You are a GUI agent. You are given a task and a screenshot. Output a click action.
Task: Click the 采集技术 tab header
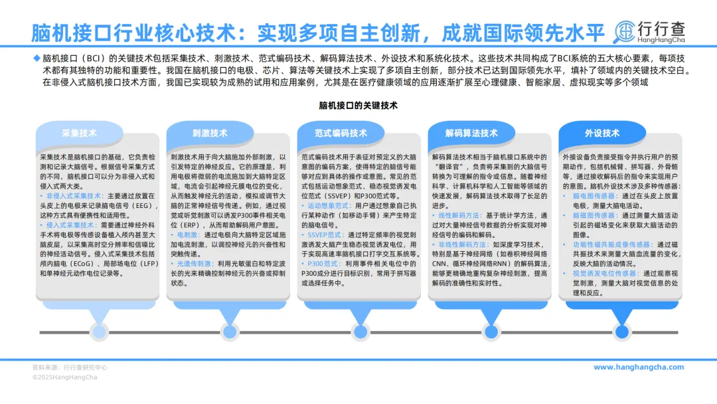[79, 133]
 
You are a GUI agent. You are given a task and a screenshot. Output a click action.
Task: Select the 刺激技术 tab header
[210, 133]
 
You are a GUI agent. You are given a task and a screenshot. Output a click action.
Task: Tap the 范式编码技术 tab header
[341, 133]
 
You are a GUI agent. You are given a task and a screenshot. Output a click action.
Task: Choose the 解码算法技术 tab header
[471, 133]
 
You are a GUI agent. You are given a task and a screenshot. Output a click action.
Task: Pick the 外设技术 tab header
[602, 133]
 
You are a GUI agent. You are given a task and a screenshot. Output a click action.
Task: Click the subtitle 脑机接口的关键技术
[358, 105]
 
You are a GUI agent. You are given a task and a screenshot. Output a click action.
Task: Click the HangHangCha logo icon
[625, 31]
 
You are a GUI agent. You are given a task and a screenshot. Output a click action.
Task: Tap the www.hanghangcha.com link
[638, 367]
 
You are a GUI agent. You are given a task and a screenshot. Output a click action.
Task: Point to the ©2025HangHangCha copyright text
[64, 377]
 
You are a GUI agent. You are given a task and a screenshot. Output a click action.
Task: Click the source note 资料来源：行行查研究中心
[70, 367]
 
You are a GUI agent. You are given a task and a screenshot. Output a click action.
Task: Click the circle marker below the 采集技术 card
[99, 330]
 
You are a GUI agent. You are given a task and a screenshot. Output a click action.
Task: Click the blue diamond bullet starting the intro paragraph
[37, 57]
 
